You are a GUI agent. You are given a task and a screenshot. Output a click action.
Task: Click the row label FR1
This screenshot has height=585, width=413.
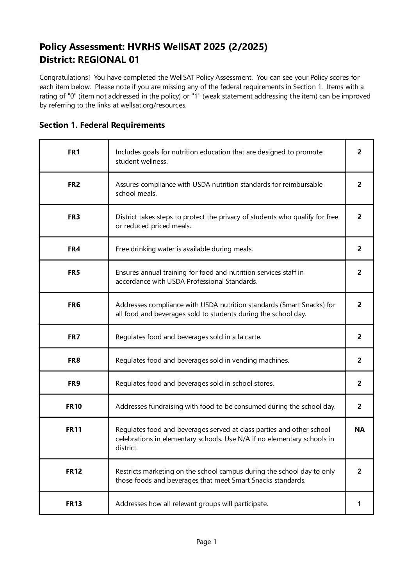pos(74,152)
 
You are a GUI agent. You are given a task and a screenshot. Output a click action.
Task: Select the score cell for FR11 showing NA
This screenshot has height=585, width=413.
pos(359,429)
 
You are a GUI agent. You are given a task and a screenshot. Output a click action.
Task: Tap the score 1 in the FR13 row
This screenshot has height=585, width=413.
pos(359,504)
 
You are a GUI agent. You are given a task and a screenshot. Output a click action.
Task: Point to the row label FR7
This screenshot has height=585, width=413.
pos(74,337)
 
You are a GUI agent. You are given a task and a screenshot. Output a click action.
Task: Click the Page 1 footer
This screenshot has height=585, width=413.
pos(206,542)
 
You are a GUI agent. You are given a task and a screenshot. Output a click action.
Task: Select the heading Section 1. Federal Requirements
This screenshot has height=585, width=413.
pos(102,125)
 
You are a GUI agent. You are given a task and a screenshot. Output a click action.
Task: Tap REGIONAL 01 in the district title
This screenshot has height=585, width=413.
pos(109,60)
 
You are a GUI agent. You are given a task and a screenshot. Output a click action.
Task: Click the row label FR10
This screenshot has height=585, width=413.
pos(74,406)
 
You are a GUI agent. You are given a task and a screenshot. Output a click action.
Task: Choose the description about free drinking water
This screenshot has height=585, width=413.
pos(184,249)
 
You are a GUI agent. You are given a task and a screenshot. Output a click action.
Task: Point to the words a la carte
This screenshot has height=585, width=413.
pos(246,337)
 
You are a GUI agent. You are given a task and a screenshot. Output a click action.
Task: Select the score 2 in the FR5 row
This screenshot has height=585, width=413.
pos(359,272)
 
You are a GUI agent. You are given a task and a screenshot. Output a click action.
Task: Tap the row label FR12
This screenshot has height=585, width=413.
pos(74,471)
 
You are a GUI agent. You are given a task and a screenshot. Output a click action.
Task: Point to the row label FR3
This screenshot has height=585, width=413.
pos(74,217)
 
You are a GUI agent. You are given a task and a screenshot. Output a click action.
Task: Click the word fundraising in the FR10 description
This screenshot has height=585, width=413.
pos(166,406)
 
